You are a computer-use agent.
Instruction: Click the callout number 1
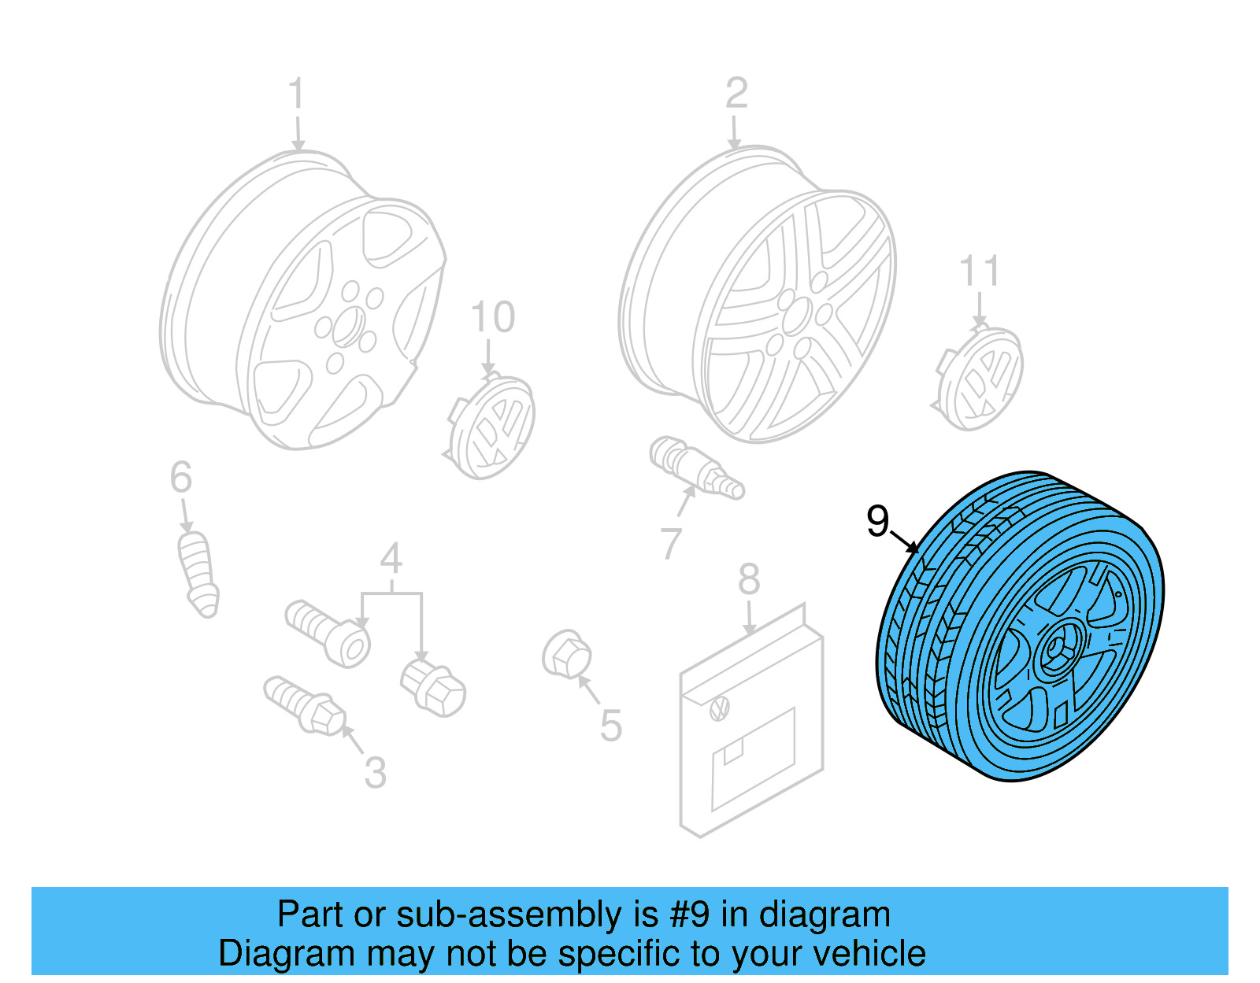coord(296,94)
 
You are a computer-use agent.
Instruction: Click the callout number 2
coord(736,94)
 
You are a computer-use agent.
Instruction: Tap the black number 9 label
coord(877,521)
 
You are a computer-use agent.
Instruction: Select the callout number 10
coord(492,317)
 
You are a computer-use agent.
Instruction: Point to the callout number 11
coord(979,272)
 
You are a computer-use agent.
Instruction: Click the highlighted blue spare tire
coord(1021,626)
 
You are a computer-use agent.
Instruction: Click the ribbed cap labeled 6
coord(198,573)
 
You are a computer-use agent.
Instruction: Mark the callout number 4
coord(391,559)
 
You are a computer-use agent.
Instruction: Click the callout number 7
coord(670,543)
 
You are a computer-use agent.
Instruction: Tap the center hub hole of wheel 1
coord(347,327)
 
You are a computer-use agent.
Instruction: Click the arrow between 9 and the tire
coord(905,541)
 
